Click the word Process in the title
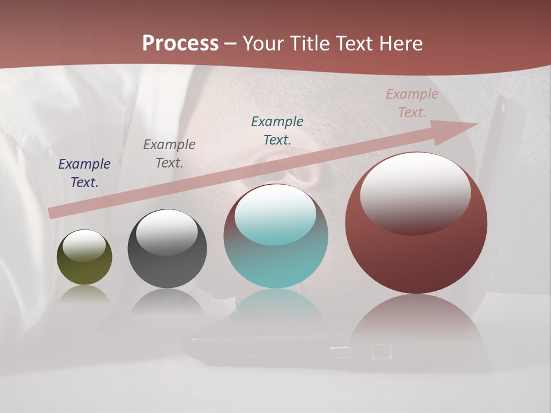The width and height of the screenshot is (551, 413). (x=180, y=43)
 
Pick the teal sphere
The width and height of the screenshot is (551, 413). (x=275, y=264)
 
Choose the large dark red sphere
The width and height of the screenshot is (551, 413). (x=416, y=258)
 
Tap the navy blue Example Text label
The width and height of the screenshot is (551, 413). (x=84, y=173)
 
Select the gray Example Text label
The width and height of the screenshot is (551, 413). (x=169, y=153)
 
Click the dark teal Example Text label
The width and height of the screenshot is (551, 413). (x=277, y=130)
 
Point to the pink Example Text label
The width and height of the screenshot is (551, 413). (x=412, y=103)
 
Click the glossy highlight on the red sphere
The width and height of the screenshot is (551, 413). (x=415, y=192)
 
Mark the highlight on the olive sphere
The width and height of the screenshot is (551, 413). (x=84, y=246)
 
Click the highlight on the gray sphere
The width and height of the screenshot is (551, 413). (x=167, y=231)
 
